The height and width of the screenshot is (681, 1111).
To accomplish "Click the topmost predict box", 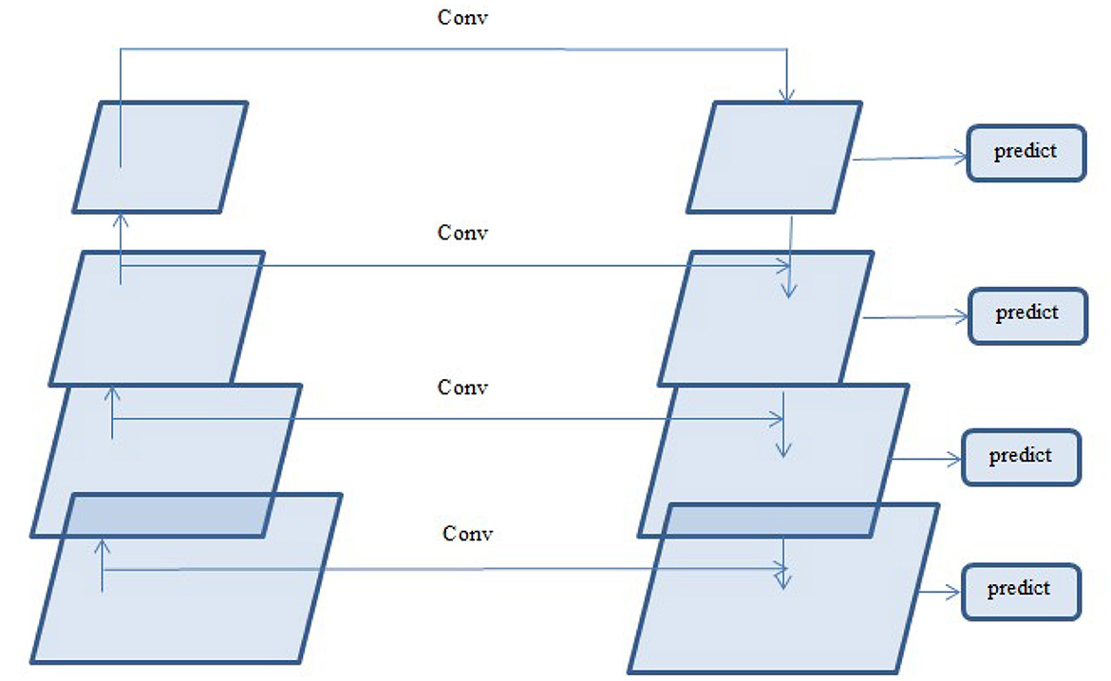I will (1026, 152).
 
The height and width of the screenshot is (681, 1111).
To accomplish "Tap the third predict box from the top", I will (1021, 457).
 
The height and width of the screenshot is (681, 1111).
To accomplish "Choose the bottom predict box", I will (1020, 590).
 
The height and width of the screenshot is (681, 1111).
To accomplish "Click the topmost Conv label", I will (464, 18).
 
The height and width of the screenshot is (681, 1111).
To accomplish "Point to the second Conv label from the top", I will (462, 233).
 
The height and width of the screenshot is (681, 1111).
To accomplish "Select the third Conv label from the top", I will (462, 388).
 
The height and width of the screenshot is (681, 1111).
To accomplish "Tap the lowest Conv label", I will (468, 533).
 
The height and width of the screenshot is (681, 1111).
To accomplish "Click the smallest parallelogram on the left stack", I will (160, 157).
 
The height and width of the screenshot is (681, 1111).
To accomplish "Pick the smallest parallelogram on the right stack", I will (774, 157).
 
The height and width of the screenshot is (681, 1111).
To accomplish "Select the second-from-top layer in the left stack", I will (157, 317).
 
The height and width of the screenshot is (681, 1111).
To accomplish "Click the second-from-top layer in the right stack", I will (765, 317).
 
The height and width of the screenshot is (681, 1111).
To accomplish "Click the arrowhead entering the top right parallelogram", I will (786, 95).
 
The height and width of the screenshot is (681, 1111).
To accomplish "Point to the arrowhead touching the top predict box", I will (961, 158).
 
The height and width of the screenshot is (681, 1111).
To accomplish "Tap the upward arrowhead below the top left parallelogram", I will (121, 220).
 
